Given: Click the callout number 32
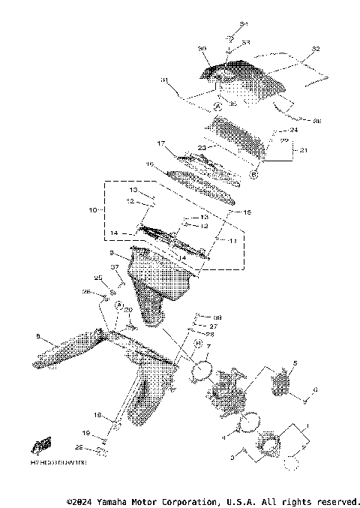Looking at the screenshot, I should coord(315,49).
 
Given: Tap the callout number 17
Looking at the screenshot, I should coord(160,143).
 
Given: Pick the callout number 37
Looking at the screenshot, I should coord(115,266).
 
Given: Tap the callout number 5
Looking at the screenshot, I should coord(295,362).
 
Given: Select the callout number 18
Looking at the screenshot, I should coord(97,414).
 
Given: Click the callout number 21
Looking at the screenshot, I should coord(304,151).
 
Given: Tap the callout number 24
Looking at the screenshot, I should coord(293,130).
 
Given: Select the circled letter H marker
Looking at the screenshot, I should coord(197,344).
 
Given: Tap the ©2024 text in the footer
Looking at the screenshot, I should coord(81,500).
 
